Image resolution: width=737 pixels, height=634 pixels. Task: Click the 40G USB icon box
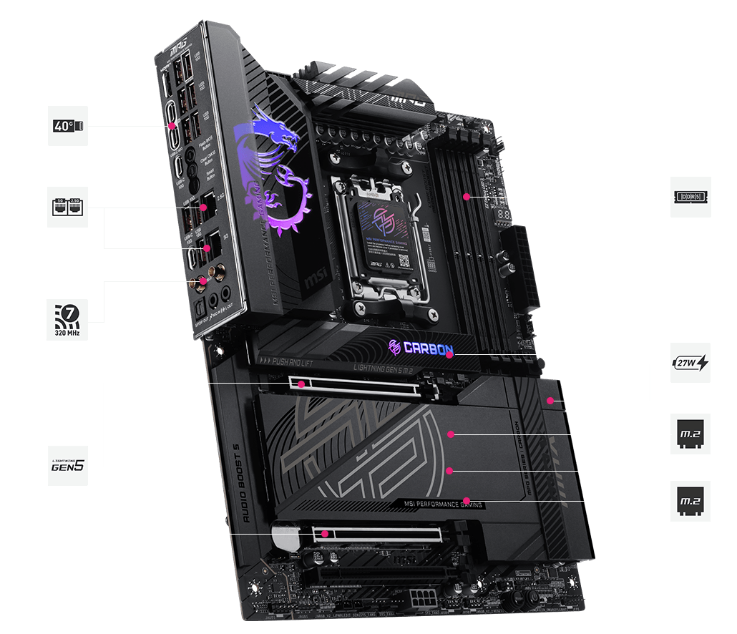(x=68, y=126)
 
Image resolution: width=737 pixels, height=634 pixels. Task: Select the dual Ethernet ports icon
(x=68, y=208)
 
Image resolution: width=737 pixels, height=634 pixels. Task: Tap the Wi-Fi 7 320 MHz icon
(x=68, y=320)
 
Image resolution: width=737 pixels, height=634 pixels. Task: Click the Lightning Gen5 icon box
(x=68, y=466)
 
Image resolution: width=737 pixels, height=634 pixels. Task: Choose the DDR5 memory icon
(x=691, y=197)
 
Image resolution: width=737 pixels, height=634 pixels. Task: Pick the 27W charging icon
(x=691, y=363)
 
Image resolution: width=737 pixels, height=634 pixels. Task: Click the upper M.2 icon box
(x=691, y=434)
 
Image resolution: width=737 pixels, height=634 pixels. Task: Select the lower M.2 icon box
(x=691, y=500)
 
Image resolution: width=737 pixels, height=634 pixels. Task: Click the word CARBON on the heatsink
(x=428, y=349)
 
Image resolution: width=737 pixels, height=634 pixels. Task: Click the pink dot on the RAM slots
(x=467, y=195)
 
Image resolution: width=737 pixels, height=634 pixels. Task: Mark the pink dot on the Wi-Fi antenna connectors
(x=204, y=281)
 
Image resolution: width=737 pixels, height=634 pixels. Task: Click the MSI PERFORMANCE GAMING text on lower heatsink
(x=443, y=504)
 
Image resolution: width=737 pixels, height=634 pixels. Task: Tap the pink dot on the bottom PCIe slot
(x=325, y=534)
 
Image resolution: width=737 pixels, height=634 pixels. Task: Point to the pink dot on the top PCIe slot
(x=302, y=384)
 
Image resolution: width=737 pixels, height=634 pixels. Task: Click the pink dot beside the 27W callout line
(x=550, y=401)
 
